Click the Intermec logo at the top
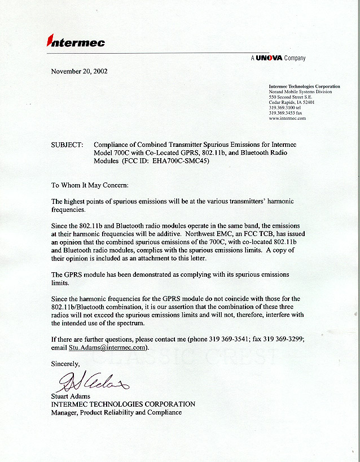tap(76, 41)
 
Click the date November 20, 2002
tap(79, 72)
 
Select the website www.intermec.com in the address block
tap(287, 119)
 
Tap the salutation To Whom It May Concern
tap(90, 185)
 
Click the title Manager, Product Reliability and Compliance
tap(116, 412)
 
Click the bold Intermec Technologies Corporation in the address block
tap(305, 86)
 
